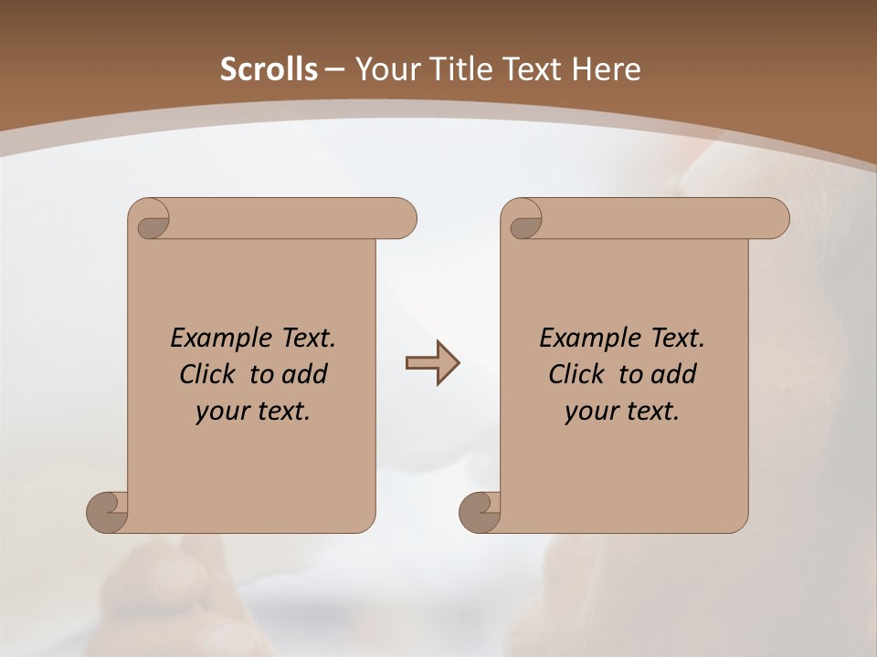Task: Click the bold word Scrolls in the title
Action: (x=269, y=69)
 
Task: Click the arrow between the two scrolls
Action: (x=431, y=363)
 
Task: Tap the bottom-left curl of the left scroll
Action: (x=108, y=510)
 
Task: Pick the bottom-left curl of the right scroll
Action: (x=481, y=510)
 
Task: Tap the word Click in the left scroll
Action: (x=206, y=374)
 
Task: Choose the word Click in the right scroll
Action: (x=576, y=374)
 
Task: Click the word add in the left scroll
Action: (x=306, y=374)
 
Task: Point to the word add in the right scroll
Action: (x=675, y=374)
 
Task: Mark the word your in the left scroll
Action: (x=221, y=412)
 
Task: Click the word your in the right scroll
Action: (x=590, y=412)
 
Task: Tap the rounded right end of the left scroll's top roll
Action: (x=402, y=218)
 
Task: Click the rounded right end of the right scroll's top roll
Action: (x=775, y=218)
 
